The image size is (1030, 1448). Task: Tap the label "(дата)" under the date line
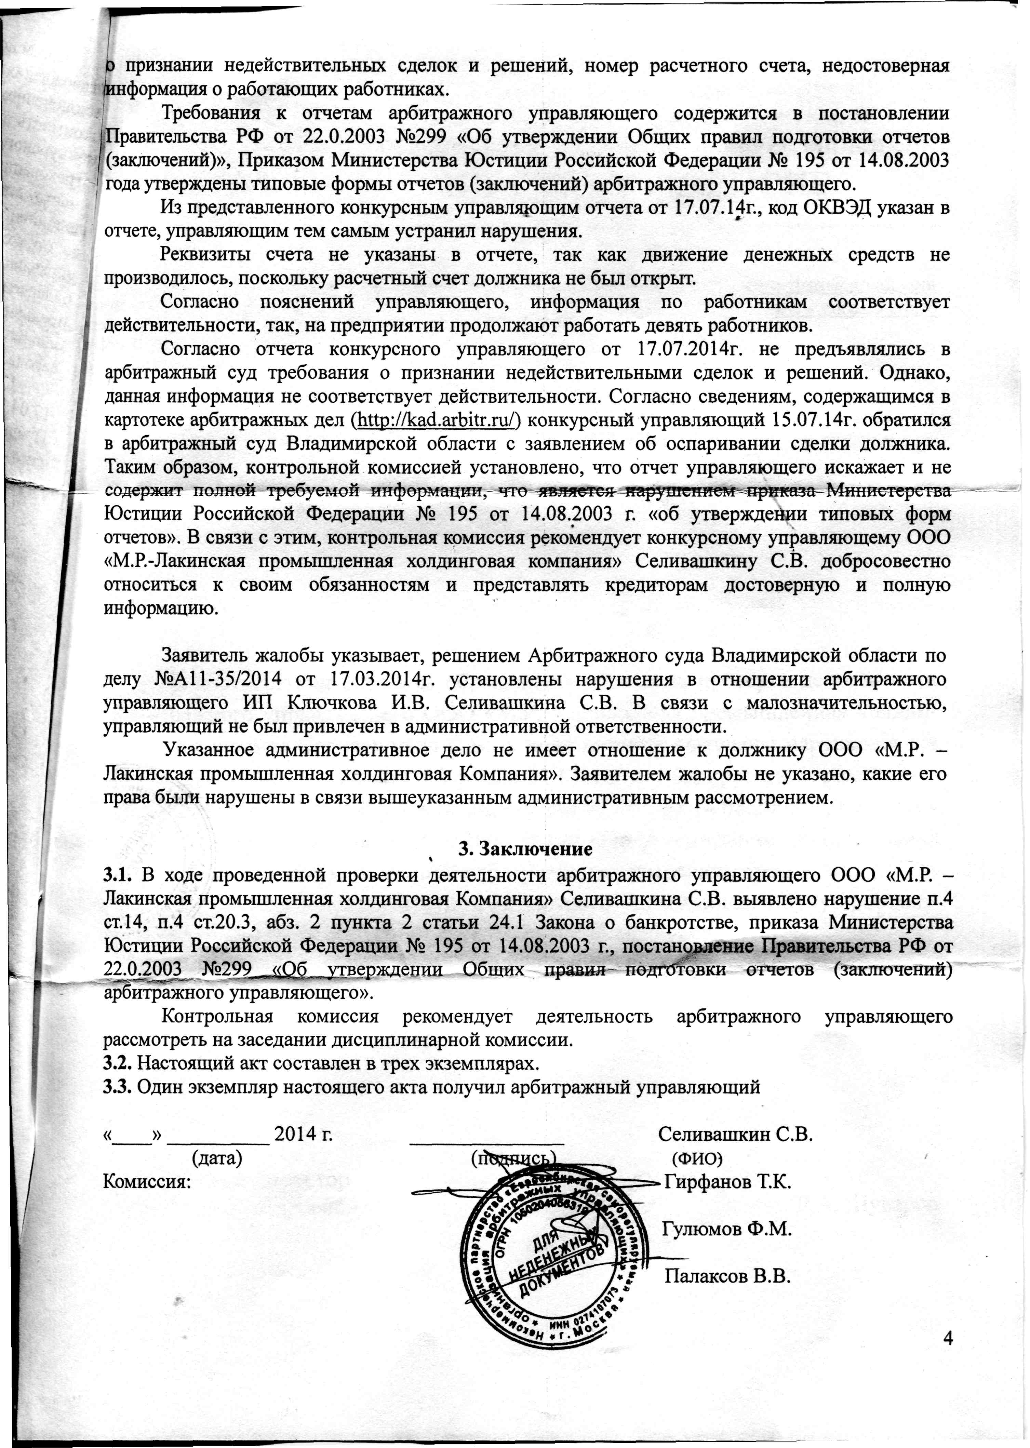coord(217,1158)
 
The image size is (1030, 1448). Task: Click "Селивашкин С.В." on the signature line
coord(736,1135)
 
